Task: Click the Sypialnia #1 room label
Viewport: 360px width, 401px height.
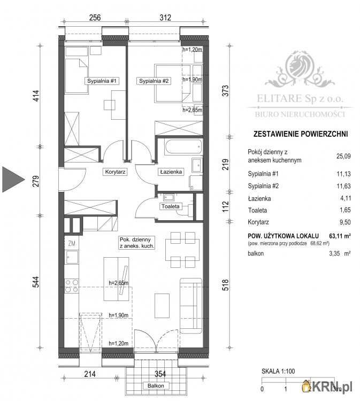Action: click(x=102, y=81)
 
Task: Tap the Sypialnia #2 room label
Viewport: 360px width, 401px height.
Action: click(x=154, y=81)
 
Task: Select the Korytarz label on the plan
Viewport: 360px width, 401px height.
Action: click(x=115, y=172)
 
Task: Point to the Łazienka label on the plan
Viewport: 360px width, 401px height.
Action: click(x=171, y=172)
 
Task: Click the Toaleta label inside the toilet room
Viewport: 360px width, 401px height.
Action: click(x=171, y=206)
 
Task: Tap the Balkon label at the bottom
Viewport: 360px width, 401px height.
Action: click(x=156, y=385)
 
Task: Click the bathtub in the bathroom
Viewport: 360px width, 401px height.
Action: click(x=183, y=147)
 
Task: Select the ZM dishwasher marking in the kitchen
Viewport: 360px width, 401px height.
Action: click(x=72, y=244)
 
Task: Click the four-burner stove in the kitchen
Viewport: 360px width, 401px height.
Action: click(x=72, y=286)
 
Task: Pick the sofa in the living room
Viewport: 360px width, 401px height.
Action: click(x=191, y=306)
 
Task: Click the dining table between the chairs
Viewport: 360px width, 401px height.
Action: click(x=182, y=249)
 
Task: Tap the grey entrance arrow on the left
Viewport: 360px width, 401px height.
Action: click(x=13, y=179)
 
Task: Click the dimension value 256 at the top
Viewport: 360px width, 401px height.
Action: click(x=95, y=18)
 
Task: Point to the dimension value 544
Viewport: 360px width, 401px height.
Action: click(x=36, y=282)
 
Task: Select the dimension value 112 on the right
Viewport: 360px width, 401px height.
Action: click(x=225, y=206)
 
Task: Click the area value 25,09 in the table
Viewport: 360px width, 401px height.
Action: click(x=343, y=156)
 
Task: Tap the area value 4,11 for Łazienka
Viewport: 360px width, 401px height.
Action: click(x=346, y=198)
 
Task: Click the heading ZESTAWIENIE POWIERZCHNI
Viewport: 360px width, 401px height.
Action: click(x=301, y=134)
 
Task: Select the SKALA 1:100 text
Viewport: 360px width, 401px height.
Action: click(x=278, y=371)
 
